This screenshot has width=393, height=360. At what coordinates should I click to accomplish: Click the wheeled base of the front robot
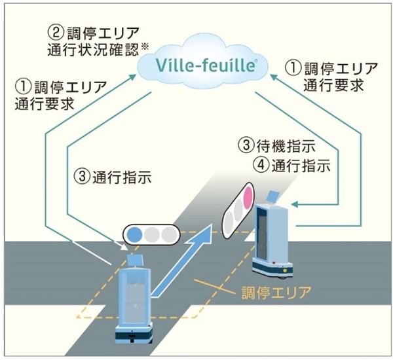(x=134, y=334)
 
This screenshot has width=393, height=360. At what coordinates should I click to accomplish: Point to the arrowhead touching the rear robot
(x=293, y=206)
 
